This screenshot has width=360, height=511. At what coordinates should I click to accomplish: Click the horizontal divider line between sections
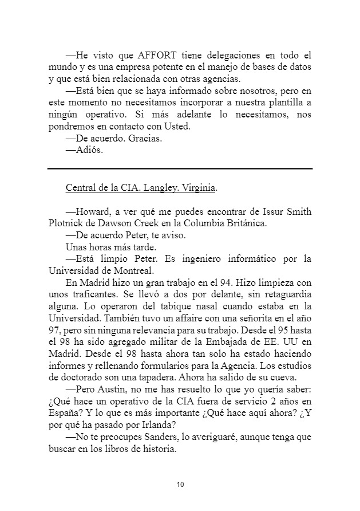(x=180, y=168)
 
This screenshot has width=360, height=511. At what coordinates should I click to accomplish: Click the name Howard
(x=87, y=211)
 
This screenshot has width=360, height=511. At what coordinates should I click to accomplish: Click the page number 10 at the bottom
(x=180, y=485)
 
